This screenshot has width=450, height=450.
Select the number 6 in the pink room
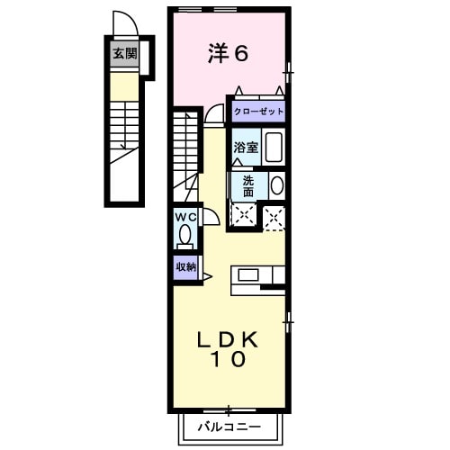(241, 53)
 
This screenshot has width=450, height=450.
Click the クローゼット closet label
(258, 112)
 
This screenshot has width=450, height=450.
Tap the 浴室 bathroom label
(247, 147)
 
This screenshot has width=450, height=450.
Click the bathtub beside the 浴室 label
(274, 147)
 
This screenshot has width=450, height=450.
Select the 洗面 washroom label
(247, 184)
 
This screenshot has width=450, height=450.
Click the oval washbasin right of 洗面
(276, 185)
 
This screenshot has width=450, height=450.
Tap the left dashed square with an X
(241, 215)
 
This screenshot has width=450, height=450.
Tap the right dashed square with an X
(274, 215)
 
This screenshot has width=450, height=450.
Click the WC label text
(185, 217)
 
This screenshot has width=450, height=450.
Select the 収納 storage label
(185, 266)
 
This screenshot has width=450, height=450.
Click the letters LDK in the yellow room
(229, 339)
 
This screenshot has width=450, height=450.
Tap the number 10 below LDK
(229, 360)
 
